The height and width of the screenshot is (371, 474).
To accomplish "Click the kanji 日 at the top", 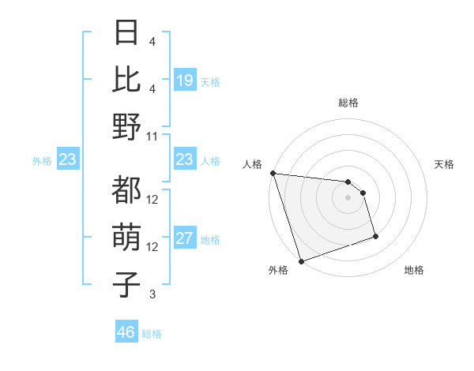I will click(127, 34).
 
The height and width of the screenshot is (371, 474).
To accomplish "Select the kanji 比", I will click(127, 79).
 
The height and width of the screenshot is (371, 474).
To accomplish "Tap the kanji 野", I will click(127, 126).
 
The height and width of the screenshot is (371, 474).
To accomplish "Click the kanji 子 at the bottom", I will click(127, 284).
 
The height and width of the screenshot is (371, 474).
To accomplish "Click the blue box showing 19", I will click(184, 80).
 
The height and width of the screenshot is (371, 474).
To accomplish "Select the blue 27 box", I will click(184, 239).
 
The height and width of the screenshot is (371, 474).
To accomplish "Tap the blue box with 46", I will click(126, 332).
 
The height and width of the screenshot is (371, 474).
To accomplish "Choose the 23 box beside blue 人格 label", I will click(184, 160).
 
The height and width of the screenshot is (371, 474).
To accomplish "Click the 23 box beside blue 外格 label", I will click(67, 160).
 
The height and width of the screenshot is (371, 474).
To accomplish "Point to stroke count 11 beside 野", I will click(152, 136).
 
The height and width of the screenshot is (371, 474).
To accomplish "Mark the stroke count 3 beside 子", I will click(152, 294).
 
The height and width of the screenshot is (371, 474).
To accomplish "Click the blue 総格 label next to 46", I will click(152, 334).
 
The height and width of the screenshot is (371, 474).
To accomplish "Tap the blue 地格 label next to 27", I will click(210, 240).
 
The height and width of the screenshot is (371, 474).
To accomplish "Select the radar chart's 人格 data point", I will click(273, 173).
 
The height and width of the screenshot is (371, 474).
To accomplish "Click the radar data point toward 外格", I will click(301, 260).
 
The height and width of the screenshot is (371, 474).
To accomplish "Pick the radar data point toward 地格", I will click(375, 236).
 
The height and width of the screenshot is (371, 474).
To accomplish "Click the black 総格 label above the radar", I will click(348, 103).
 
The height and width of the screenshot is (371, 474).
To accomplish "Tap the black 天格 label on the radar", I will click(444, 164).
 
